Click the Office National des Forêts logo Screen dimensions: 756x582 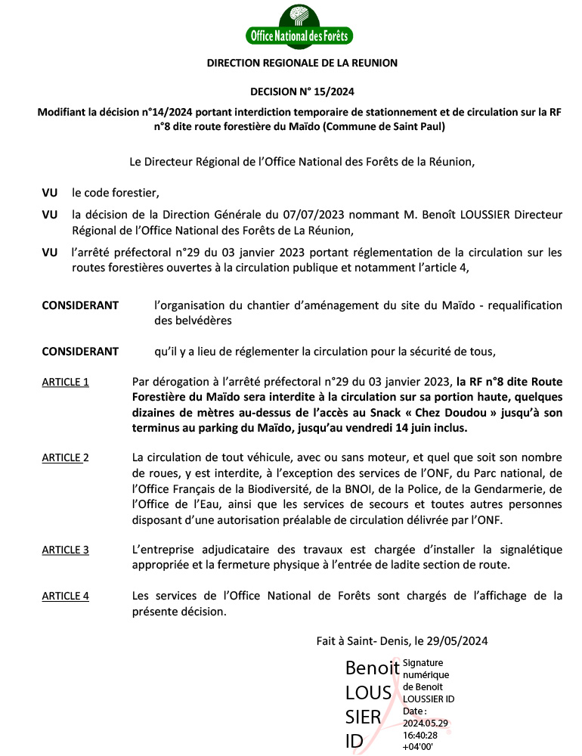301,25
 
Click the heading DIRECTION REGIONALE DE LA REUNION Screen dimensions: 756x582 302,64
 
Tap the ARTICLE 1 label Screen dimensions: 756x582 65,382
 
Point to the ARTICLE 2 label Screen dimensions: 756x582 65,457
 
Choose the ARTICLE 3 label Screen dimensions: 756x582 65,550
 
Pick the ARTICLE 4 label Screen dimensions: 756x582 65,596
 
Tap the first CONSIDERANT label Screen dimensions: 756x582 80,305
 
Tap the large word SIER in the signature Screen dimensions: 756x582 362,717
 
